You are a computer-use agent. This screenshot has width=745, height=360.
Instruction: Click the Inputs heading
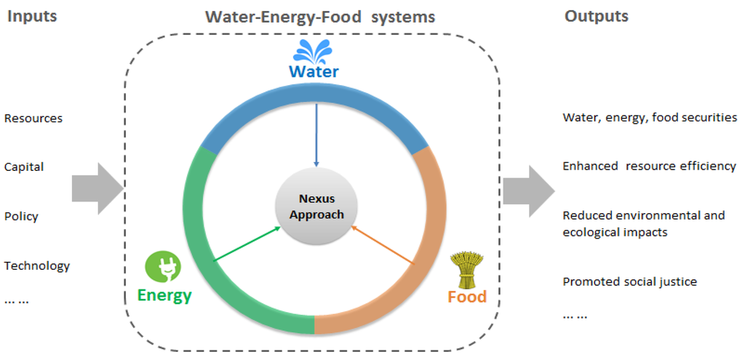click(x=33, y=16)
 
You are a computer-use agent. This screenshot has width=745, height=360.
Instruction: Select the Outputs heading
click(x=597, y=16)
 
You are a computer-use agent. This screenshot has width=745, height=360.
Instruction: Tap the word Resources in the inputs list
click(x=33, y=118)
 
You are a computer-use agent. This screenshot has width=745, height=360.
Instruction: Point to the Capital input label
click(x=24, y=167)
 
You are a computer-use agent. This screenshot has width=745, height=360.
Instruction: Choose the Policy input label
click(x=21, y=216)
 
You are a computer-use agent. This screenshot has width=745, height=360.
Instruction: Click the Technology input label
click(x=37, y=265)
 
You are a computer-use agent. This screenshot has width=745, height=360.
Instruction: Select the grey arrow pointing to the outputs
click(x=529, y=191)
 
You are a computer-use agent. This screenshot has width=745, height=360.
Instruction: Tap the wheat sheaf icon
click(x=466, y=269)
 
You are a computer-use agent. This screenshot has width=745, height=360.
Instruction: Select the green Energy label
click(x=164, y=295)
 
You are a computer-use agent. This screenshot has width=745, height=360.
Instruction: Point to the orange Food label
click(x=466, y=297)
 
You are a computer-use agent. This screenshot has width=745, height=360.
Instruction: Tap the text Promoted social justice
click(x=629, y=281)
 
